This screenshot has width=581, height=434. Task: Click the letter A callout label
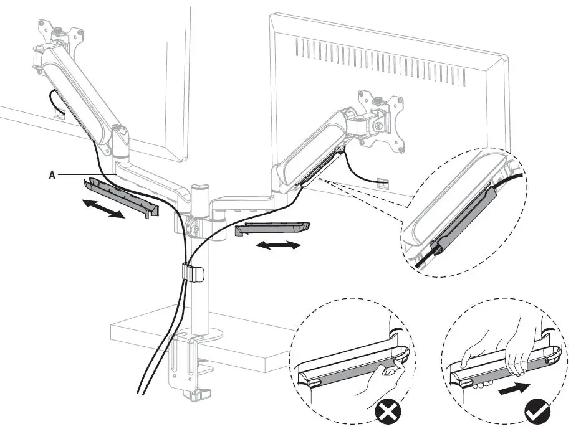point(52,175)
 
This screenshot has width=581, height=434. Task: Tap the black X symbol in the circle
point(389,413)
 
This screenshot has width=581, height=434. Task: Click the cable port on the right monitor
point(382,182)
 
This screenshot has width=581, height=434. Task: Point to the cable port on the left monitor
point(59,113)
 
